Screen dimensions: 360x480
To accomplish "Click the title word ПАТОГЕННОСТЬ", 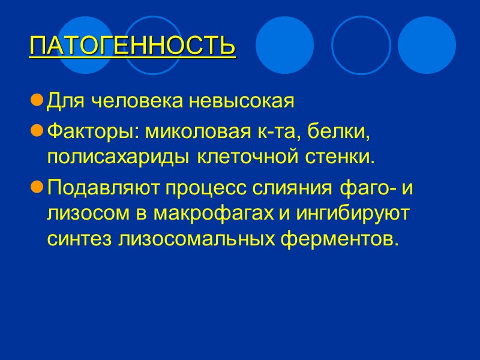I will [x=132, y=46].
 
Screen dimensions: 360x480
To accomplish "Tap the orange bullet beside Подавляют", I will [x=37, y=188].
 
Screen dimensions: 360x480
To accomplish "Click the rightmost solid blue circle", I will [x=427, y=45].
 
